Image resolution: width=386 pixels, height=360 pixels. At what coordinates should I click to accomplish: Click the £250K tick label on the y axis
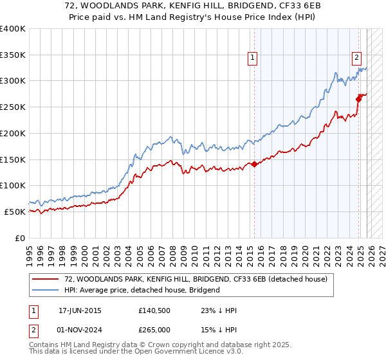(x=13, y=107)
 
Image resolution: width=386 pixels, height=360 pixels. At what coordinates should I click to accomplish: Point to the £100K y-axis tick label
(x=13, y=185)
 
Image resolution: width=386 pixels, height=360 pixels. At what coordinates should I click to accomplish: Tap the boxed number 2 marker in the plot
(x=356, y=57)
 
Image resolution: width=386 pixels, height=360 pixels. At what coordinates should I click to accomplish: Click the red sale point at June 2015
(x=254, y=164)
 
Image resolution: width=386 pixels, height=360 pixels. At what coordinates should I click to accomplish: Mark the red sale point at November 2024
(x=358, y=99)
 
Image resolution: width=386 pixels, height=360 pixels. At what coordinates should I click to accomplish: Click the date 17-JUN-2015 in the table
(x=80, y=310)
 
